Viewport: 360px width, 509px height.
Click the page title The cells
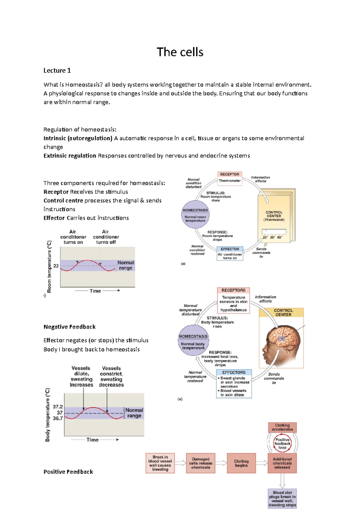(x=180, y=52)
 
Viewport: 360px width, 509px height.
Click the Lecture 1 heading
(x=57, y=70)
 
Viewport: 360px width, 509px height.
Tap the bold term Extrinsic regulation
(x=70, y=156)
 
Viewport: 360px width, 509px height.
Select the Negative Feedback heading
(x=69, y=327)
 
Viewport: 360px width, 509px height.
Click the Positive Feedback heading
(x=68, y=472)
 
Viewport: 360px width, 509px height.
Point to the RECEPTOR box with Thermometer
(x=229, y=178)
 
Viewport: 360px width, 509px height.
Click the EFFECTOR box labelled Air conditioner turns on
(x=230, y=254)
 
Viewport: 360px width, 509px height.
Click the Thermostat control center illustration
(x=274, y=216)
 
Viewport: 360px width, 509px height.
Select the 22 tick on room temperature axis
(x=56, y=266)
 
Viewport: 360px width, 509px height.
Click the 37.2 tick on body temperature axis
(x=58, y=407)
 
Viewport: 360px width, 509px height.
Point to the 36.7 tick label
(x=58, y=418)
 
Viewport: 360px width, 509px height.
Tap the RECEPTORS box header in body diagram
(x=233, y=290)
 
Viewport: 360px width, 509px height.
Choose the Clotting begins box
(x=241, y=463)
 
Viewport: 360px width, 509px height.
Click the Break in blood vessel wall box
(x=160, y=463)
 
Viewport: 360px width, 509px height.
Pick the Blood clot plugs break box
(x=282, y=499)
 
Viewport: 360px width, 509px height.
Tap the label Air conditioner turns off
(x=106, y=237)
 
